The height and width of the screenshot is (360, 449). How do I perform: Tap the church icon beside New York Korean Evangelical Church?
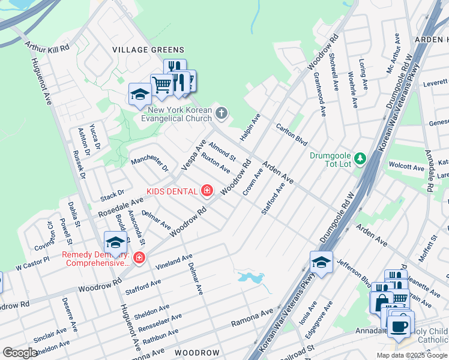point(221,113)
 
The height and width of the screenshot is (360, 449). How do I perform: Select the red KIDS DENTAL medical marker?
point(207,191)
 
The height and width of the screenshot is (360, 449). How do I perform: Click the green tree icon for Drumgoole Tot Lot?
point(360,158)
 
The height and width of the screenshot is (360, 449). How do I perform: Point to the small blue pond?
point(250,277)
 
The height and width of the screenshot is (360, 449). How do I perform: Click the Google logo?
point(20,353)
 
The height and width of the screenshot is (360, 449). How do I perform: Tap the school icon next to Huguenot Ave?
point(115,242)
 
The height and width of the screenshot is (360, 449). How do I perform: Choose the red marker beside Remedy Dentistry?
point(139,258)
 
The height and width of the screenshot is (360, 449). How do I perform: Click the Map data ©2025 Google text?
point(412,355)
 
